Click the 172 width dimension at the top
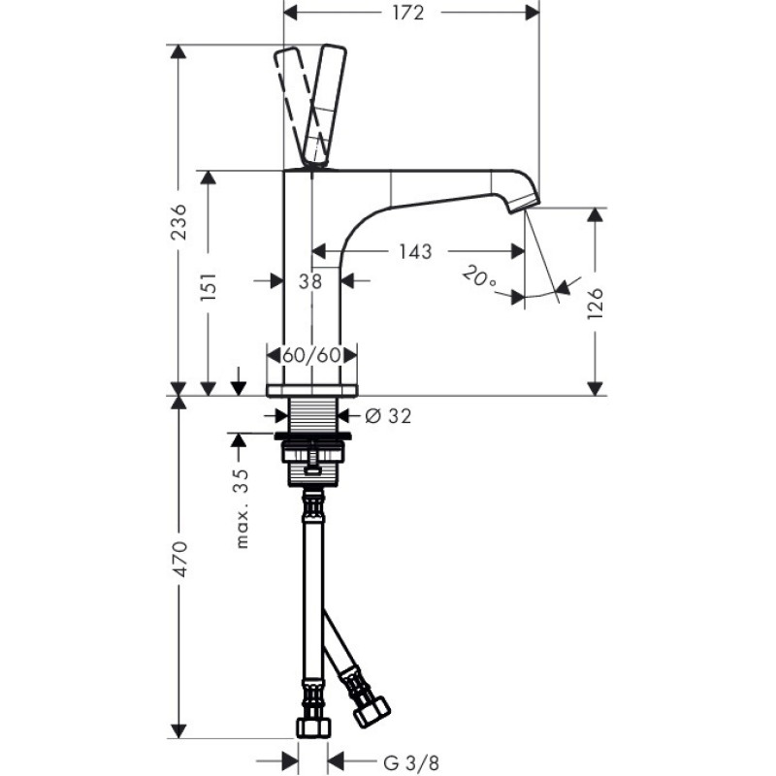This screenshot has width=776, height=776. tap(408, 13)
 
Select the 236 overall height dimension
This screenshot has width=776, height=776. tap(178, 221)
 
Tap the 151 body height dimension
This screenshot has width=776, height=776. tap(209, 286)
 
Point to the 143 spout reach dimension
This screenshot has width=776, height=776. tap(416, 251)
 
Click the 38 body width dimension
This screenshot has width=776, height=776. tap(310, 281)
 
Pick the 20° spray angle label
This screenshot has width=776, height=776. tap(478, 276)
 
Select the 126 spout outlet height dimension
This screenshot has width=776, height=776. tap(596, 303)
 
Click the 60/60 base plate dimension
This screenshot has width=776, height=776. tap(311, 355)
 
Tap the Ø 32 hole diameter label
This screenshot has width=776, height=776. tap(388, 416)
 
